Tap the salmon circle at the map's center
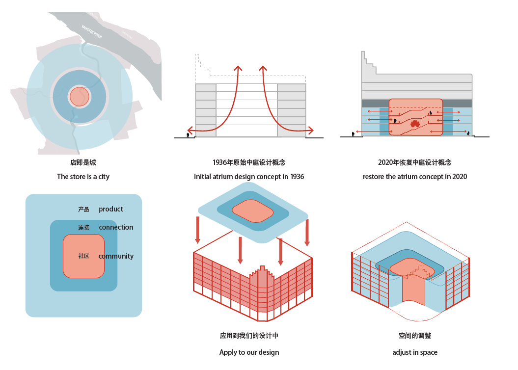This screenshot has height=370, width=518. [79, 97]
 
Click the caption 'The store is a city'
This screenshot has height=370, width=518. [83, 177]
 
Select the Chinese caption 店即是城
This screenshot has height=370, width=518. [80, 162]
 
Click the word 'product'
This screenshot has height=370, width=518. [111, 209]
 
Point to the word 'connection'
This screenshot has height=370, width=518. [116, 227]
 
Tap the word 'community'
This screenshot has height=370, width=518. [116, 256]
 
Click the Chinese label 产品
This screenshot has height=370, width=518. [83, 210]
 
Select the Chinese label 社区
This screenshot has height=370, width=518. [83, 256]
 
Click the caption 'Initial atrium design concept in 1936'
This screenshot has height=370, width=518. [249, 177]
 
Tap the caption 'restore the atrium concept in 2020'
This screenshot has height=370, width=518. [415, 177]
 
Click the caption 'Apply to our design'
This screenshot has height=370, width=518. [249, 352]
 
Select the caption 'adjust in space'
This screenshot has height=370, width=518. [415, 352]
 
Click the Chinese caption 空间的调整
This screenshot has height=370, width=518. [415, 336]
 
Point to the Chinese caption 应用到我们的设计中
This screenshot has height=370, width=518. [249, 336]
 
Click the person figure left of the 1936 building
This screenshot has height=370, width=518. [188, 134]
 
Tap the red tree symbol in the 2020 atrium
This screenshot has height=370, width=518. [415, 123]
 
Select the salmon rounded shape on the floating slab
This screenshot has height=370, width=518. [253, 210]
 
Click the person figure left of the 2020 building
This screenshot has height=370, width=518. [353, 133]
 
